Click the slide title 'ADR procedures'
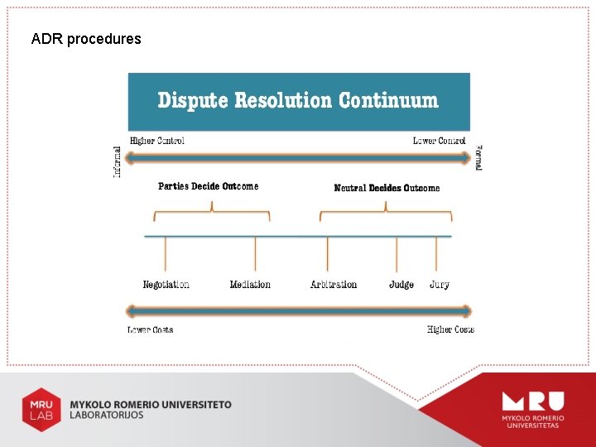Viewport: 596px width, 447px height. [86, 39]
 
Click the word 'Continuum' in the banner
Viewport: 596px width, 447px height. [388, 101]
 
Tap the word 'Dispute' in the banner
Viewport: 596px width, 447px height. [193, 101]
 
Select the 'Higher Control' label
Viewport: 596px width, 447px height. [157, 141]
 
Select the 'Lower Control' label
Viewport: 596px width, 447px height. [439, 141]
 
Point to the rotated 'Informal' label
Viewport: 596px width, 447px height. [118, 161]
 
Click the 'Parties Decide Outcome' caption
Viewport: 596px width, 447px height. [208, 186]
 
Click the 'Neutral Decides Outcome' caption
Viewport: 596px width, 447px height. [387, 188]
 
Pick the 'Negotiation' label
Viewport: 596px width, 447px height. [166, 285]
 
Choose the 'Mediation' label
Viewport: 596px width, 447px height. [250, 285]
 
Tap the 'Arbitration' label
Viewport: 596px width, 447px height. [334, 285]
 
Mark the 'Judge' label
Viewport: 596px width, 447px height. [401, 285]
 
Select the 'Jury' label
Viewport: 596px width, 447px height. [440, 285]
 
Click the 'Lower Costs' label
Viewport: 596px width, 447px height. [151, 329]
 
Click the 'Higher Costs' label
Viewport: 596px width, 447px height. [450, 329]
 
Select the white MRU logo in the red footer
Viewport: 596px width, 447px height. [532, 407]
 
